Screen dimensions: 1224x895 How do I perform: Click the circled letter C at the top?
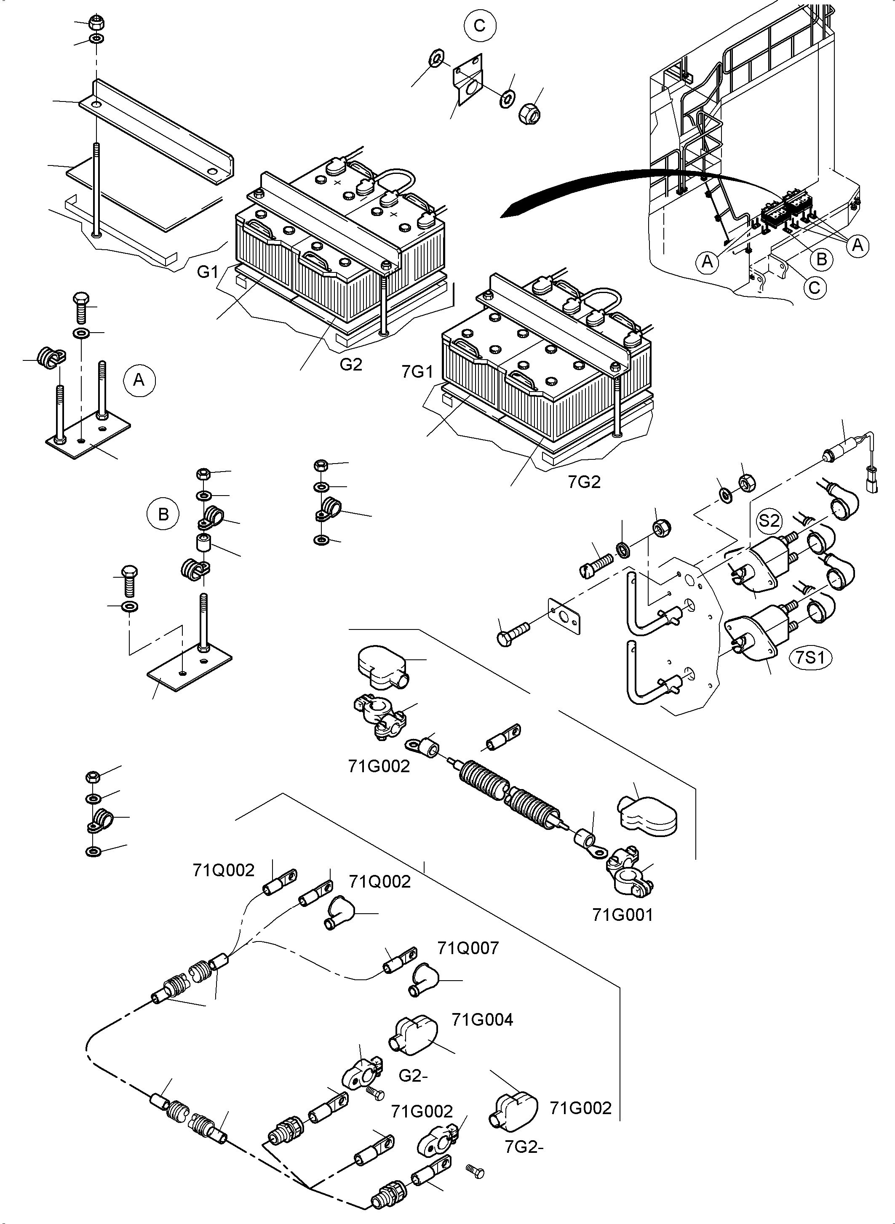coord(480,25)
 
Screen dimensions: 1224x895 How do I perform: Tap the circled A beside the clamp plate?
coord(139,380)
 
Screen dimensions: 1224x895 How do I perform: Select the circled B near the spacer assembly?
coord(163,514)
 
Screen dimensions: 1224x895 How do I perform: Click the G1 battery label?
coord(208,272)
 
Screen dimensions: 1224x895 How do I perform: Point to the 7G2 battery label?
coord(584,482)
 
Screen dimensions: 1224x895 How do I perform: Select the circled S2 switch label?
coord(769,521)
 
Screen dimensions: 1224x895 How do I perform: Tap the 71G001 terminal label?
coord(622,915)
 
